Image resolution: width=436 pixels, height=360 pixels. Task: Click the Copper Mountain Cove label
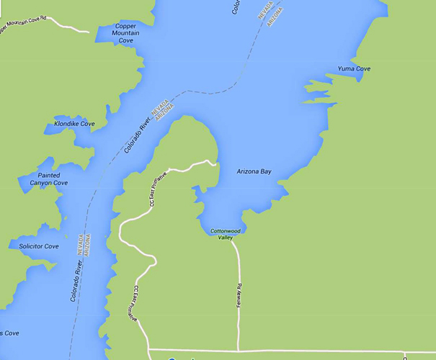(125, 33)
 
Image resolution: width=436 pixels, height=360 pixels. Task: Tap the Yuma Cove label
(354, 69)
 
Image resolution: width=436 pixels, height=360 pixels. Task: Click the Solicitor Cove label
(39, 246)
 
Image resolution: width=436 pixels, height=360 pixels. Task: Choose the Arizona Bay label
(254, 171)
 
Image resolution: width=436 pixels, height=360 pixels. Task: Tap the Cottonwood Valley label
(222, 234)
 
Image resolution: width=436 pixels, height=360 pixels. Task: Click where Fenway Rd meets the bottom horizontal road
(239, 350)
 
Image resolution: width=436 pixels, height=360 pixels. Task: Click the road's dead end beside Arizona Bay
(215, 164)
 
